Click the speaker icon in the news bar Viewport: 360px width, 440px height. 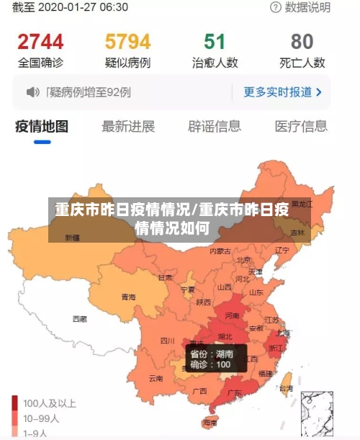tap(32, 92)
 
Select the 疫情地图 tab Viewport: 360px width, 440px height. tap(42, 127)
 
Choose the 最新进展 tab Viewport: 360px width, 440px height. tap(128, 127)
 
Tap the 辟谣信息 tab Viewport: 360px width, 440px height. tap(215, 127)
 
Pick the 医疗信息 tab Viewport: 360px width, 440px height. tap(301, 127)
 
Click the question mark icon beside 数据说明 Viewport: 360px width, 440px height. tap(276, 8)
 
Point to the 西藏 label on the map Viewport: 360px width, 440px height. tap(79, 318)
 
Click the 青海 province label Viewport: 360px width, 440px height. tap(128, 297)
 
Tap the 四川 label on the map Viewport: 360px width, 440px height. tap(167, 341)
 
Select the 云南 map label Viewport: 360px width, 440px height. tap(156, 377)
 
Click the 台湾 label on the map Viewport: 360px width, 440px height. tap(286, 388)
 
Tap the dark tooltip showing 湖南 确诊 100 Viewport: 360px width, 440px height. tap(216, 359)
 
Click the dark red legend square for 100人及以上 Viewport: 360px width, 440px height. tap(15, 403)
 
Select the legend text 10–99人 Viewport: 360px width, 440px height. tap(42, 418)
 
